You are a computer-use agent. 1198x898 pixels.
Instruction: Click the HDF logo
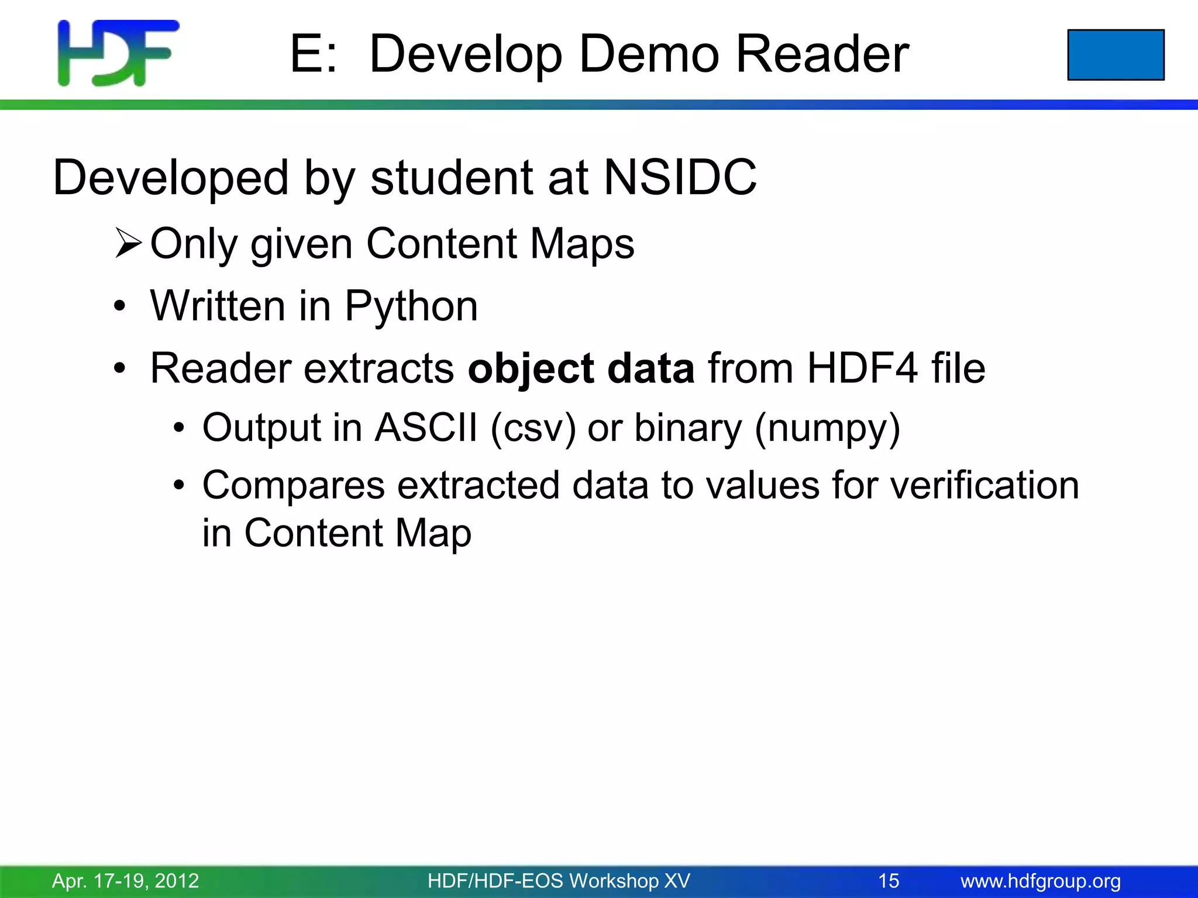pyautogui.click(x=118, y=54)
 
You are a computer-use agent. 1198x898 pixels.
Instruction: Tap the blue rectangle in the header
pyautogui.click(x=1116, y=55)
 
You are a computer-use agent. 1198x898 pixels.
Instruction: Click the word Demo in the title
pyautogui.click(x=649, y=54)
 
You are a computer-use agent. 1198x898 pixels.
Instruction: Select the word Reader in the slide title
pyautogui.click(x=822, y=54)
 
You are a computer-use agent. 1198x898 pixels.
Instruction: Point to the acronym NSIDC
pyautogui.click(x=680, y=177)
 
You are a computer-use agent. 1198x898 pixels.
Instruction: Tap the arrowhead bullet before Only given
pyautogui.click(x=128, y=244)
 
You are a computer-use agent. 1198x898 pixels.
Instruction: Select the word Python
pyautogui.click(x=411, y=306)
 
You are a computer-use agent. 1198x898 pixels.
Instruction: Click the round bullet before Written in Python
pyautogui.click(x=120, y=306)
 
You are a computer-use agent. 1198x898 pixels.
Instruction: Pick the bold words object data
pyautogui.click(x=581, y=369)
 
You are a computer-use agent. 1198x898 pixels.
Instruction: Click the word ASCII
pyautogui.click(x=426, y=428)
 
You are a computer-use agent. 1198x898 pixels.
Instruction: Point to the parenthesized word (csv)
pyautogui.click(x=533, y=428)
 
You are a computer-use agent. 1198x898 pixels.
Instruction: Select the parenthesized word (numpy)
pyautogui.click(x=827, y=428)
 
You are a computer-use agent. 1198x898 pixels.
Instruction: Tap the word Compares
pyautogui.click(x=294, y=485)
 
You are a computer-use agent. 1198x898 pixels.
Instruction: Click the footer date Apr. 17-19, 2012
pyautogui.click(x=126, y=880)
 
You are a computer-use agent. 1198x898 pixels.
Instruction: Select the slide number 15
pyautogui.click(x=889, y=880)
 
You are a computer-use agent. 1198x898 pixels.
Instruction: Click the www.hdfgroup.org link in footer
pyautogui.click(x=1041, y=880)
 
